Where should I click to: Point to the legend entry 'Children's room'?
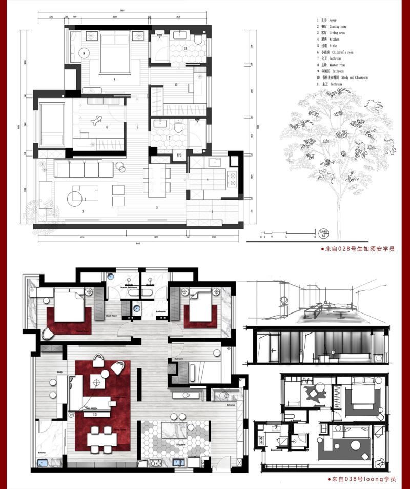click(338, 52)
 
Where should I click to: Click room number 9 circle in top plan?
click(83, 53)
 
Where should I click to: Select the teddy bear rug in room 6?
click(96, 122)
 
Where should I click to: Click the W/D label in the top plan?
click(179, 155)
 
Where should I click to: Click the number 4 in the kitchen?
click(207, 179)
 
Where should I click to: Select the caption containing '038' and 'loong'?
click(362, 479)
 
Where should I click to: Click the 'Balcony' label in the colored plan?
click(41, 452)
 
